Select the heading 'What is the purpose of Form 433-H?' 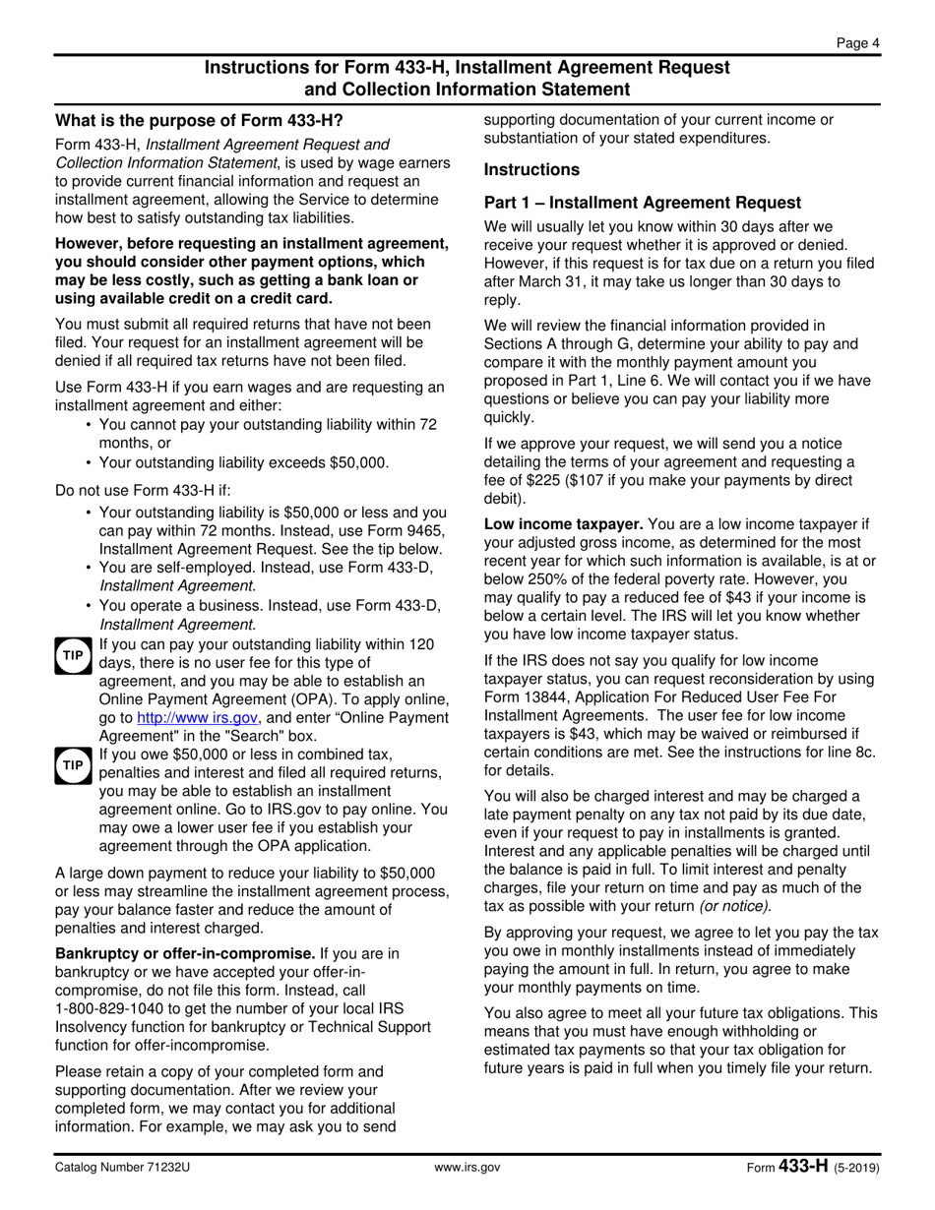click(x=199, y=121)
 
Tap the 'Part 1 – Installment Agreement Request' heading click(x=643, y=203)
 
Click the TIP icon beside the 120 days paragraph click(x=73, y=655)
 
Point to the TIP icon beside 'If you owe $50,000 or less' click(x=73, y=765)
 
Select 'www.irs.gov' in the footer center click(x=467, y=1168)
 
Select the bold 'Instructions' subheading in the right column click(x=531, y=170)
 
